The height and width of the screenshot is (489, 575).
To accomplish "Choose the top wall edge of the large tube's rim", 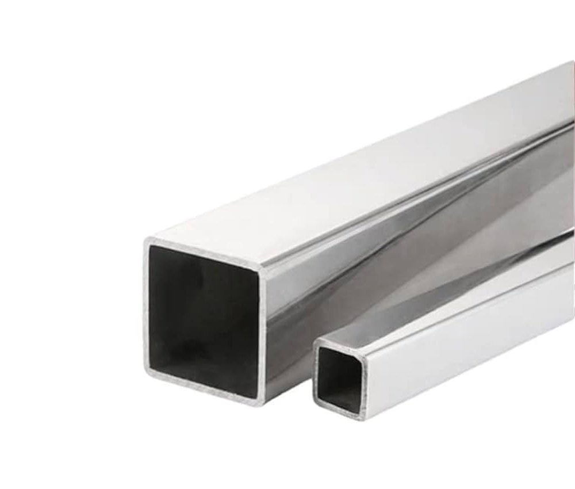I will (x=204, y=253).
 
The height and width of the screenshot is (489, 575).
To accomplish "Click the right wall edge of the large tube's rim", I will (x=263, y=334).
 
